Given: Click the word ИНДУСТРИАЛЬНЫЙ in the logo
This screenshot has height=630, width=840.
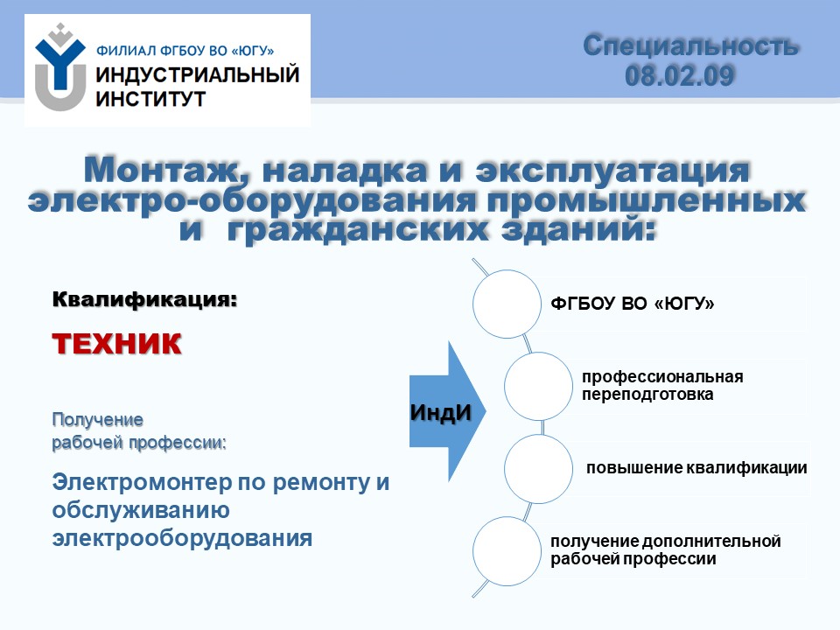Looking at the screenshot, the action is coord(197,74).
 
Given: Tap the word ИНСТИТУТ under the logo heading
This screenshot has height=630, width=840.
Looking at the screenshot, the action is coord(150,99).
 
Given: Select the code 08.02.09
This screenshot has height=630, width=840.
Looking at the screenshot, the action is coord(679,75).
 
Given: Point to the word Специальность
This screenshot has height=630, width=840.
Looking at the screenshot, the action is coord(691,45).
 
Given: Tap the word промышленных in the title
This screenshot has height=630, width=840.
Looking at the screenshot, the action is coord(646,200).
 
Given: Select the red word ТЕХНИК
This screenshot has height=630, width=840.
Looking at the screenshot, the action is coord(116,343).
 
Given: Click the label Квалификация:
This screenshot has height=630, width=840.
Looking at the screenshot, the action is coord(144,299).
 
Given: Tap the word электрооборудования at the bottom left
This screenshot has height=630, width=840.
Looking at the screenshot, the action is coord(182,538).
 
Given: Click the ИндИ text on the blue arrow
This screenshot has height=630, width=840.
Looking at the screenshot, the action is coord(440,412).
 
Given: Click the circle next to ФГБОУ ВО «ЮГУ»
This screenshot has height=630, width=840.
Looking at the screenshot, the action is coord(507,304).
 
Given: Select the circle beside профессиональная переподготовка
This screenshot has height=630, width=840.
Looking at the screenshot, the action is coord(538,386).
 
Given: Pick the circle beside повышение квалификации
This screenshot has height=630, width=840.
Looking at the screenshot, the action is coord(538,469).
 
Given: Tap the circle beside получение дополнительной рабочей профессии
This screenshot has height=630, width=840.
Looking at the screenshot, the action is coord(507,551).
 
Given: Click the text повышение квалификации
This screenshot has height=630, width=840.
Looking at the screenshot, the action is coord(696,467).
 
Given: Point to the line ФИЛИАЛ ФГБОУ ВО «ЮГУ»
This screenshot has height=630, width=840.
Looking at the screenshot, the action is coord(185,51).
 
